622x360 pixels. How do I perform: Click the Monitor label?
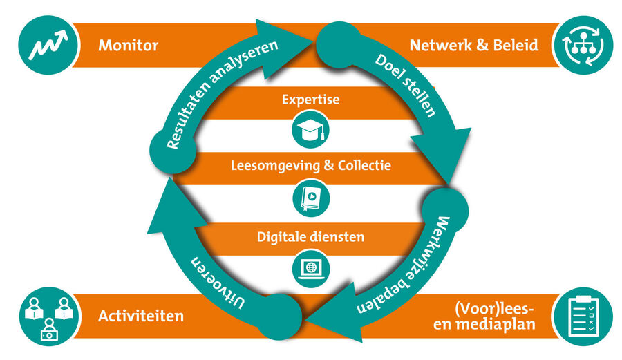click(129, 46)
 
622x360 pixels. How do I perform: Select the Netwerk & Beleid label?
click(474, 46)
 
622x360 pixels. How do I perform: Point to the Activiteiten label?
click(141, 316)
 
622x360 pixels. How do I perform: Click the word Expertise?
click(311, 100)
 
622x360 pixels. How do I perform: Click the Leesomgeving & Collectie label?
click(311, 165)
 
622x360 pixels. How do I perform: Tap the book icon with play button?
click(311, 196)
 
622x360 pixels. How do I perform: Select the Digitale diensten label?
click(311, 236)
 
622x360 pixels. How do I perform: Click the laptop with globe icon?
click(311, 267)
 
